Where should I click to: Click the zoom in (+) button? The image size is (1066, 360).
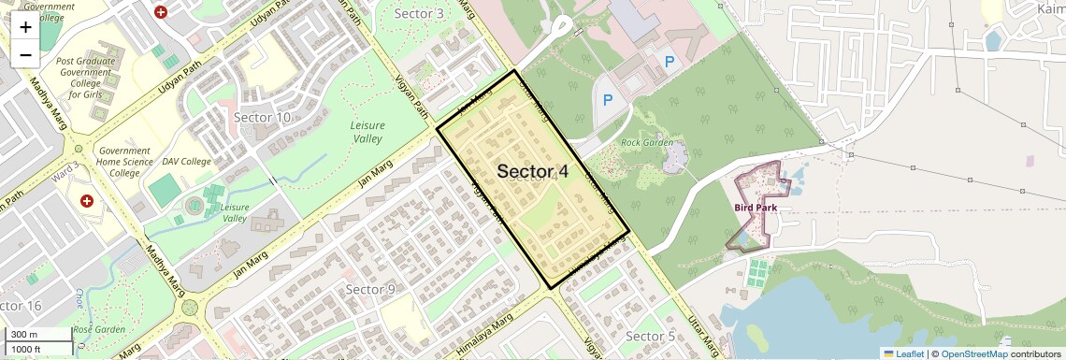(25, 26)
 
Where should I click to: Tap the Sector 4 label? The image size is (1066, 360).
(532, 171)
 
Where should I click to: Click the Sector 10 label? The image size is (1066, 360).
(262, 117)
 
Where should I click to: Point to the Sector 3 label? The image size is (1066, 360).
(419, 13)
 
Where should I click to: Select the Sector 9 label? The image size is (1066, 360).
(370, 289)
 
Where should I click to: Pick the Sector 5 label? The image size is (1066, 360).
(650, 336)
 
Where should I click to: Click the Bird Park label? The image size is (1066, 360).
(756, 208)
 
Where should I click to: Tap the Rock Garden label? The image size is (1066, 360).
(647, 142)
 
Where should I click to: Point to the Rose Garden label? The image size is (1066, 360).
(99, 329)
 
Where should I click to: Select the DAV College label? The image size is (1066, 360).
(186, 162)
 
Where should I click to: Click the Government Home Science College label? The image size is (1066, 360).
(124, 162)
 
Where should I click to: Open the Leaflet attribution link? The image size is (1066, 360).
(903, 353)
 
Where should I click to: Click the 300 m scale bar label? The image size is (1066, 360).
(25, 335)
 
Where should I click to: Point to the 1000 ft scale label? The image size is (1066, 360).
(29, 349)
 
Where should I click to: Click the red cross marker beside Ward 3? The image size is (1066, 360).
(87, 201)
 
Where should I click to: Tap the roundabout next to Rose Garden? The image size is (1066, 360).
(190, 307)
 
